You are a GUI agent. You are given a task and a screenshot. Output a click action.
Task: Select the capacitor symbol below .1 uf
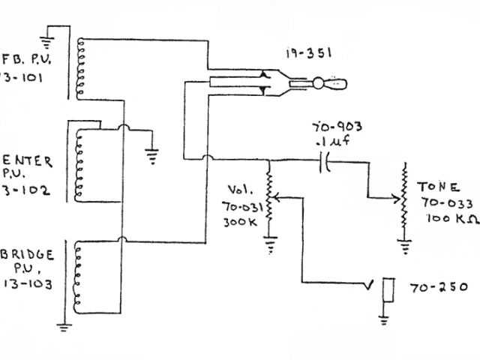coord(325,160)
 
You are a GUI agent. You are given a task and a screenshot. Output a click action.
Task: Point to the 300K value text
coord(240,222)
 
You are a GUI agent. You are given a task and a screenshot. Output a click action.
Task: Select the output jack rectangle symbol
coord(388,291)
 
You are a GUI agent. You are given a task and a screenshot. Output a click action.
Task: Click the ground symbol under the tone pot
coord(406,244)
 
